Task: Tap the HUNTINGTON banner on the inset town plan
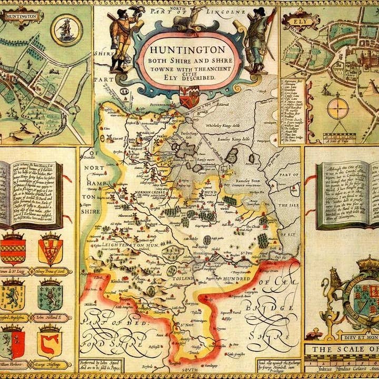click(21, 16)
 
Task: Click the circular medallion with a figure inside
click(66, 29)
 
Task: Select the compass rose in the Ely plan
click(337, 109)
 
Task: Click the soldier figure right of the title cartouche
click(256, 39)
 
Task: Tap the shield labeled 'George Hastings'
click(49, 341)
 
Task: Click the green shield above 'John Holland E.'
click(49, 295)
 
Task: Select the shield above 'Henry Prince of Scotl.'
click(51, 248)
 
